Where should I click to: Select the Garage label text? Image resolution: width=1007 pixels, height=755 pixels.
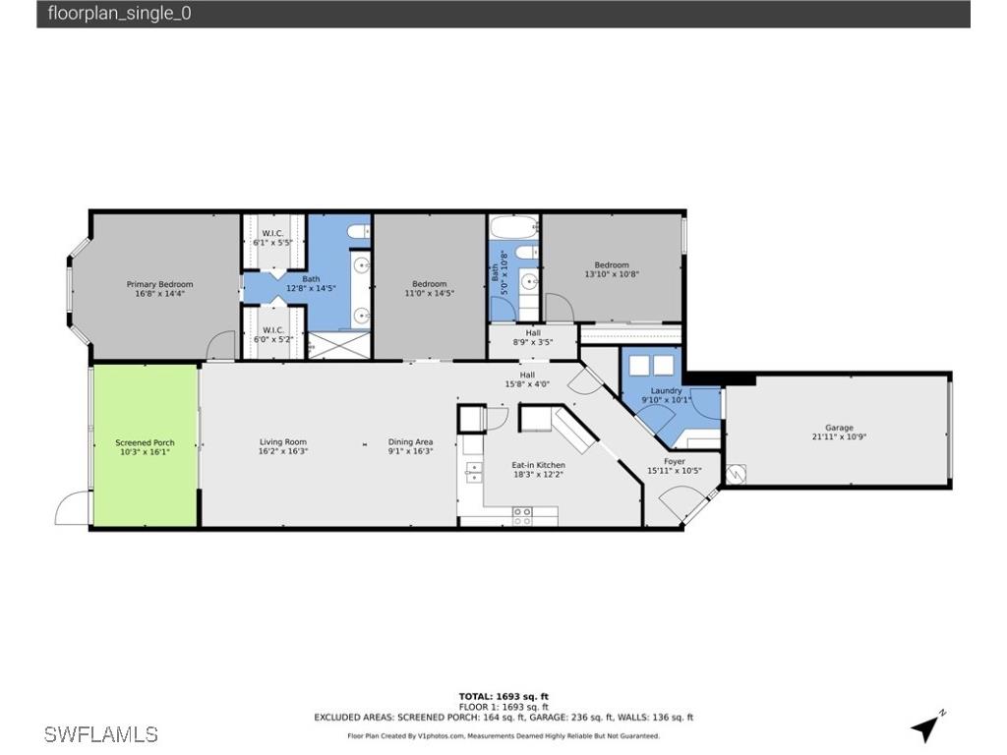coord(839,433)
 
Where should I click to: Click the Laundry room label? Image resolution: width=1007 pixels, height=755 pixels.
coord(666,395)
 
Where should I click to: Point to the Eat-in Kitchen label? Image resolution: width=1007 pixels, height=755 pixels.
coord(537,469)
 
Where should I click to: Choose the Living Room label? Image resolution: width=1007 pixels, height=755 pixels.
coord(282,447)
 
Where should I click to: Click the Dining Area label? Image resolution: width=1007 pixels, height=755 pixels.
coord(410,447)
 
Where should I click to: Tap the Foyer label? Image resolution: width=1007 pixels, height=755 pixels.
coord(674,466)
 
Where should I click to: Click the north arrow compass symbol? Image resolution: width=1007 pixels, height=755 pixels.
coord(926,726)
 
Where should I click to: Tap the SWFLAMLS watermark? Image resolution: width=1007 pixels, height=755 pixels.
coord(101,733)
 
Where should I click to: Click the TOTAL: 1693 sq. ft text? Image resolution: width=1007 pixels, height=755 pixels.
coord(503,696)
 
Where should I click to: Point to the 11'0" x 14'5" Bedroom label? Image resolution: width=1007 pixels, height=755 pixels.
coord(429,289)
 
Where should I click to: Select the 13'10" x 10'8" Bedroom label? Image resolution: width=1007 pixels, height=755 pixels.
coord(611,269)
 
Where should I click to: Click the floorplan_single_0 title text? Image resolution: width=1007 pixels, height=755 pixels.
coord(120,14)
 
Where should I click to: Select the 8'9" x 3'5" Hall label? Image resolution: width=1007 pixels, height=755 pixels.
coord(532,338)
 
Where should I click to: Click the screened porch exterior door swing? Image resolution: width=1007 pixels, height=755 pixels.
coord(72,509)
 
